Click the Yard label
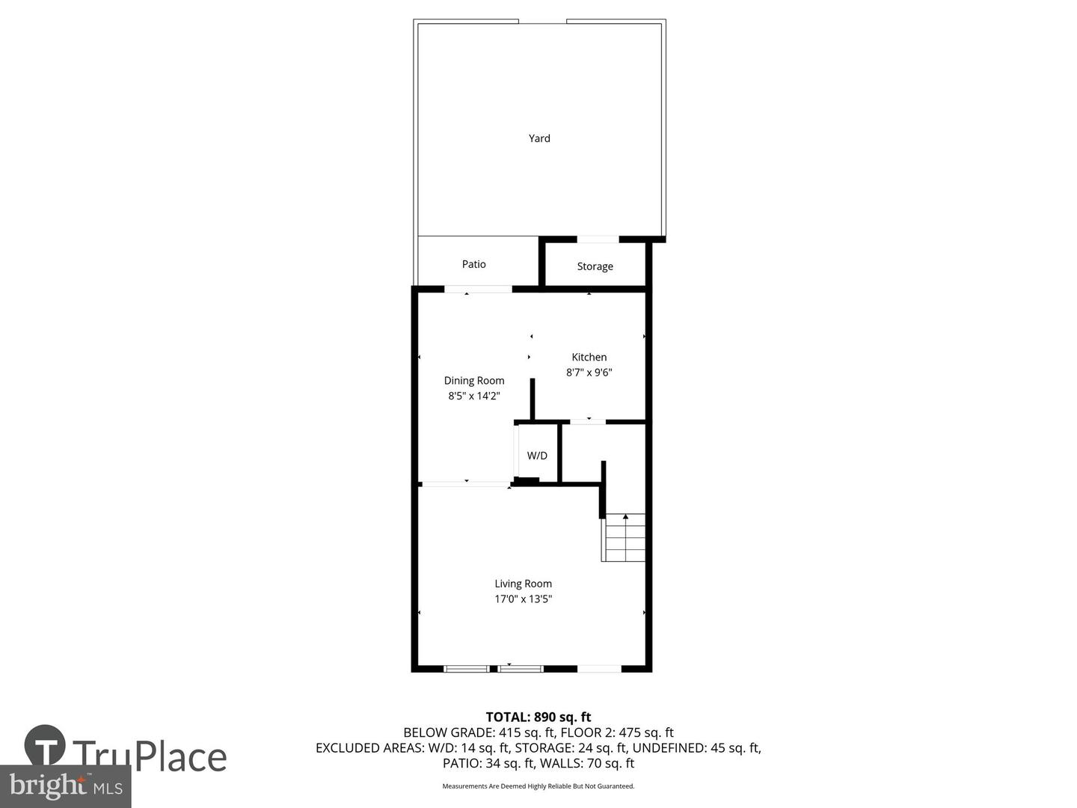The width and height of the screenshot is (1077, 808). pyautogui.click(x=539, y=138)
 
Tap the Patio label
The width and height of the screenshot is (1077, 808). pyautogui.click(x=473, y=264)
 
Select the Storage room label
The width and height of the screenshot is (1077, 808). pyautogui.click(x=595, y=266)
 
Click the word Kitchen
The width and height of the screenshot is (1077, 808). pyautogui.click(x=589, y=357)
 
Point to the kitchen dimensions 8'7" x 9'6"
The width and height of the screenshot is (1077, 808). pyautogui.click(x=589, y=373)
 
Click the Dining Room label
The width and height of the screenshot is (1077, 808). pyautogui.click(x=474, y=380)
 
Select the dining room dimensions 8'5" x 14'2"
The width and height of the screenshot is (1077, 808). pyautogui.click(x=474, y=396)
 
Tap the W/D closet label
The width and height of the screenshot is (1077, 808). pyautogui.click(x=537, y=456)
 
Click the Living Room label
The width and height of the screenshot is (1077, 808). pyautogui.click(x=523, y=584)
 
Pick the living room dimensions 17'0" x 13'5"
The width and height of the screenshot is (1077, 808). pyautogui.click(x=523, y=599)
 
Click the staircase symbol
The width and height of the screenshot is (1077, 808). pyautogui.click(x=625, y=537)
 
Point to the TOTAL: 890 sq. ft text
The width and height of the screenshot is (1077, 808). pyautogui.click(x=538, y=717)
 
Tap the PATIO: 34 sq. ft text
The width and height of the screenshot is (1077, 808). pyautogui.click(x=488, y=763)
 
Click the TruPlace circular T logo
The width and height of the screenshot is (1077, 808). pyautogui.click(x=45, y=745)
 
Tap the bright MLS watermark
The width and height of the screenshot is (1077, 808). pyautogui.click(x=66, y=786)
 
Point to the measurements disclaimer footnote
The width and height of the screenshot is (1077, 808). pyautogui.click(x=538, y=786)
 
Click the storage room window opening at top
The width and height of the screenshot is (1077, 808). pyautogui.click(x=598, y=239)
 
